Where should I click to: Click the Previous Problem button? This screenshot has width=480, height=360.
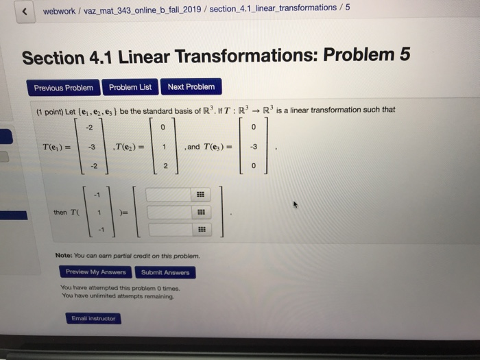point(64,88)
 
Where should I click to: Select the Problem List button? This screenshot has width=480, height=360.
point(130,87)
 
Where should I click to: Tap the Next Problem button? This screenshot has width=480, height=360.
point(191,86)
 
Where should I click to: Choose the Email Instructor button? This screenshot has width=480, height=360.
point(93,318)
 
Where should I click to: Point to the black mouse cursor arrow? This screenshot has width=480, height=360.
point(296,204)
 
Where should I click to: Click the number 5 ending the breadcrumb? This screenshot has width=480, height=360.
point(348,8)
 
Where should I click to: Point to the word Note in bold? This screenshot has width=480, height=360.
point(67,256)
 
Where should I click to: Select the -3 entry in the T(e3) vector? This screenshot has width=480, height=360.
point(255,147)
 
